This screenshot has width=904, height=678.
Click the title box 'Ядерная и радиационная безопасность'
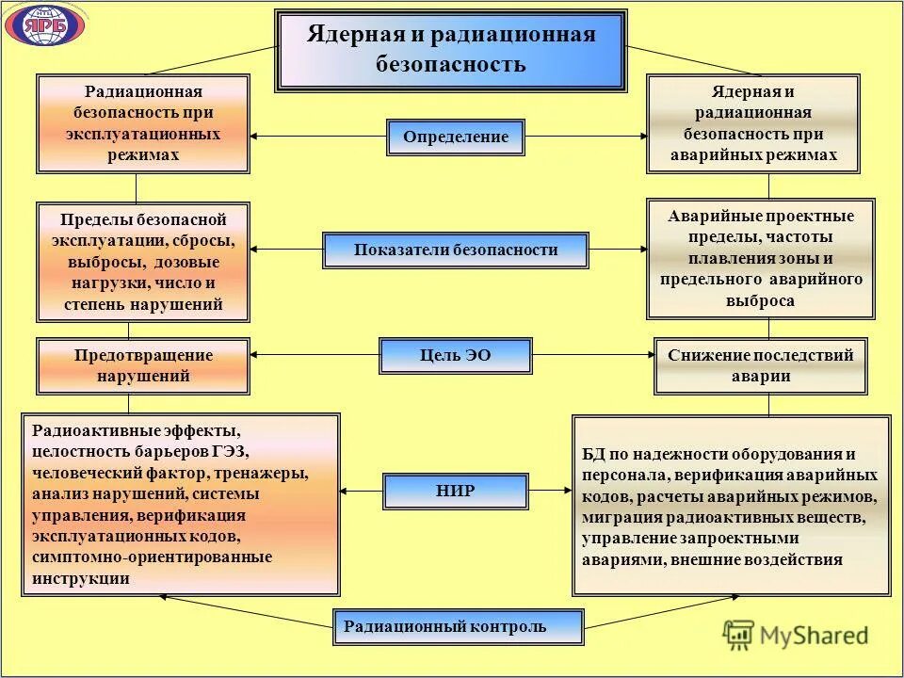(x=451, y=50)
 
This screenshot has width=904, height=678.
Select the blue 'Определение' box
(x=456, y=137)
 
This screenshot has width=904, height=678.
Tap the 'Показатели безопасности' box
(x=456, y=250)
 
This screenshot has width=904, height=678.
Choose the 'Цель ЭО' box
(x=456, y=356)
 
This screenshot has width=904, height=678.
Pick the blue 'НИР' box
(x=456, y=491)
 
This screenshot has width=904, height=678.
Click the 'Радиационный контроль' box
(x=458, y=627)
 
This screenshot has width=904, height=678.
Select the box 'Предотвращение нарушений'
(x=143, y=365)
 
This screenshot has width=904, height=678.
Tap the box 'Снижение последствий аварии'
(x=760, y=365)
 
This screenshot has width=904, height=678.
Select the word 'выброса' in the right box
(x=760, y=301)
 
